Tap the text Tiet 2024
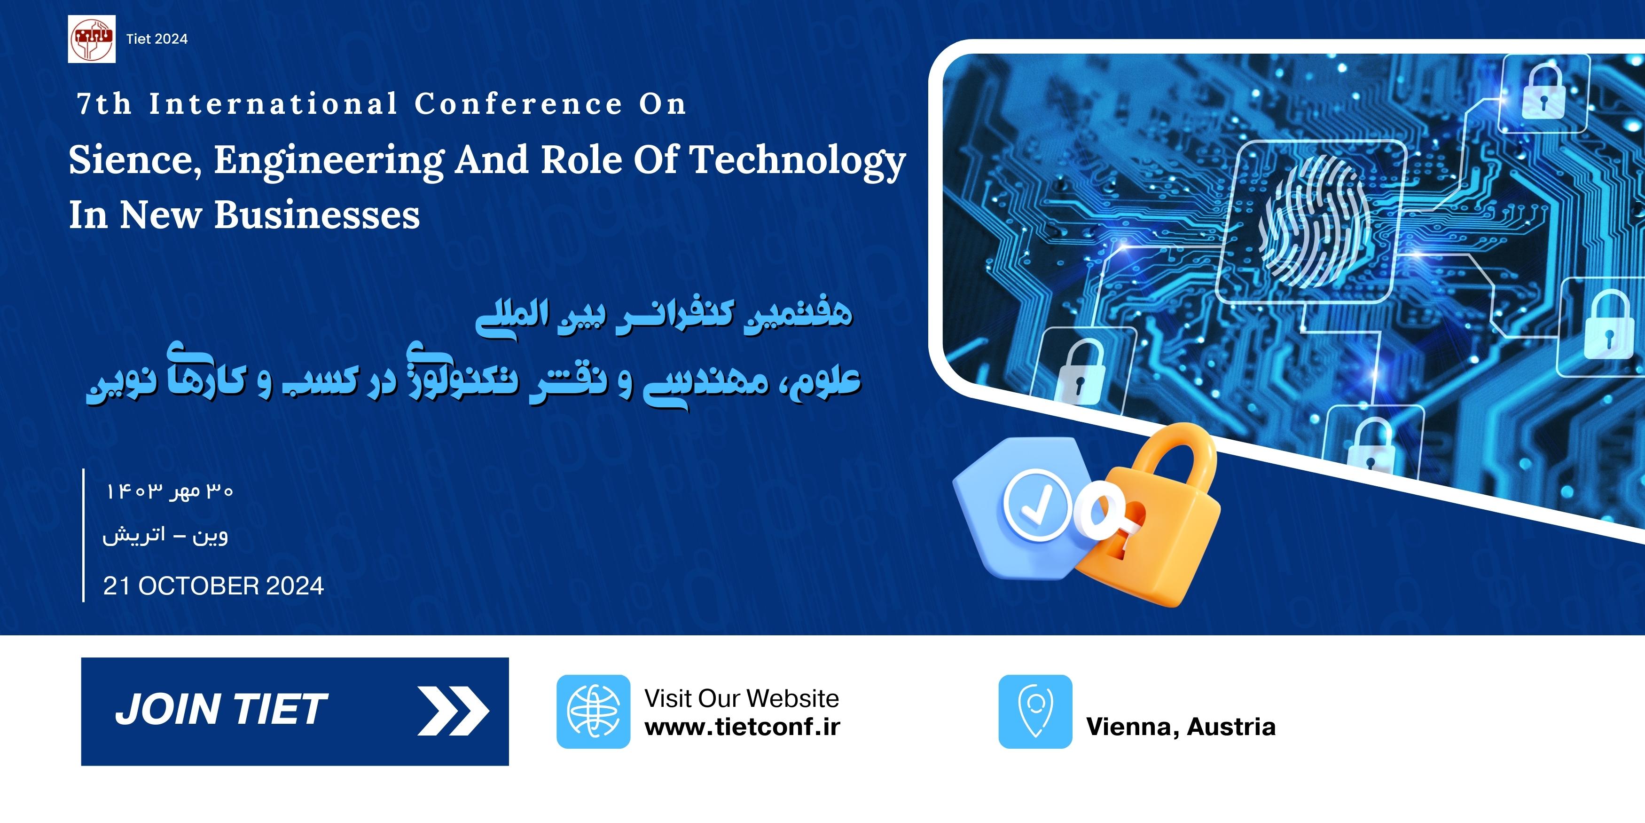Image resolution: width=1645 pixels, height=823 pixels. (x=157, y=39)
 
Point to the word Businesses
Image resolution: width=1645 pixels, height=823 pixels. (x=317, y=215)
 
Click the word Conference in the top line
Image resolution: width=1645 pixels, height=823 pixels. (x=518, y=103)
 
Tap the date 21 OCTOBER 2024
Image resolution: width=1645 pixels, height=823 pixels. (x=213, y=586)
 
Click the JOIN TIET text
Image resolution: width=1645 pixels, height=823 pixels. (x=221, y=710)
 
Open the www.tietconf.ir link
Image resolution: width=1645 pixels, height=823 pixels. (x=742, y=727)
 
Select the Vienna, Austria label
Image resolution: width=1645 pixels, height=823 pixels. (x=1181, y=727)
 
